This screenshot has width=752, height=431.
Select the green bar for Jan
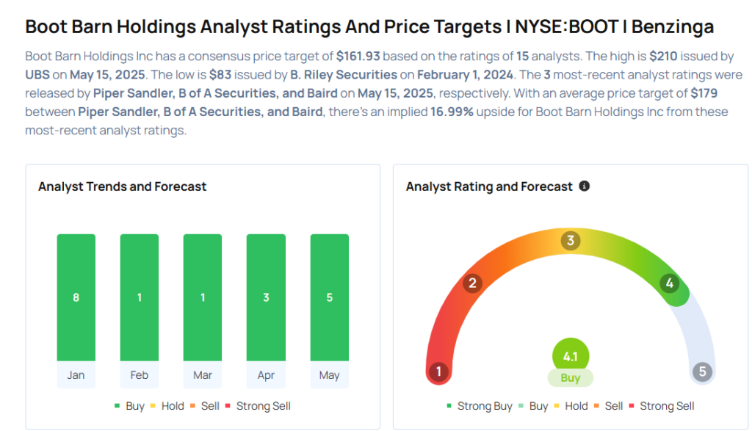pos(76,297)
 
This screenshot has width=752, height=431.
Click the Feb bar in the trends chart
pos(139,297)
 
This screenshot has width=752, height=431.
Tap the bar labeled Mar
pos(203,297)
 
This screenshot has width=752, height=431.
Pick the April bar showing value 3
pos(266,297)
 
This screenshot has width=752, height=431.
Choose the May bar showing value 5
pos(330,297)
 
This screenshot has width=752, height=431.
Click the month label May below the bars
pos(330,375)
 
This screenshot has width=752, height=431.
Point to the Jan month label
pos(76,375)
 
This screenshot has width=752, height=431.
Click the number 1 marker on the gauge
pos(438,372)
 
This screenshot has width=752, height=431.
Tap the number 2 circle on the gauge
pos(472,283)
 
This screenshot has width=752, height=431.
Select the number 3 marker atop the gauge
pos(571,240)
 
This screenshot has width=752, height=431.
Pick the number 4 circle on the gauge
pos(670,283)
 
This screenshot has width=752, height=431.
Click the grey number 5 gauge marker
pos(703,372)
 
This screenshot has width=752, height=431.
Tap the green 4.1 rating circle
pos(571,356)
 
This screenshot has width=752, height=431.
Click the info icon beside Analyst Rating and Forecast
pos(584,186)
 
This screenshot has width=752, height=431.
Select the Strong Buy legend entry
pos(480,406)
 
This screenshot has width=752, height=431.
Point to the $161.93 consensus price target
pos(358,56)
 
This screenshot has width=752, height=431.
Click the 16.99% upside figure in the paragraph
pos(452,112)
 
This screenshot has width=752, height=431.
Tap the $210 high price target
pos(663,56)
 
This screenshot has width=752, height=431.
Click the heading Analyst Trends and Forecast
pos(123,186)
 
